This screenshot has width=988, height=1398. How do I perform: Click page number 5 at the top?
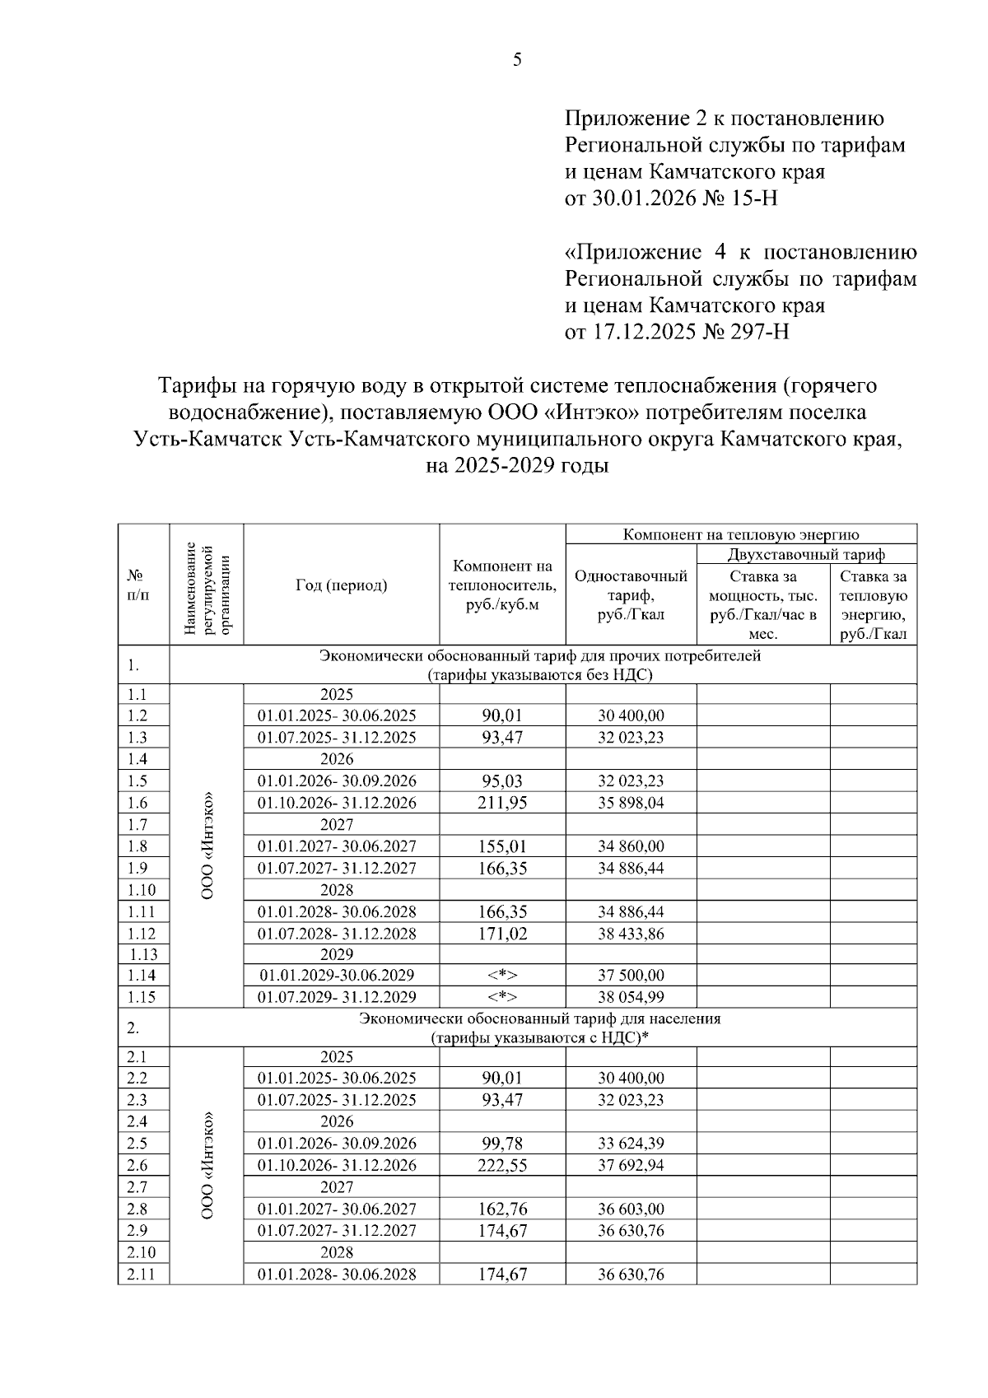pos(517,60)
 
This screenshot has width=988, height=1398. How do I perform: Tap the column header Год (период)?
pos(341,585)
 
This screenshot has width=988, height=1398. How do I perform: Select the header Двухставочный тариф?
pos(806,554)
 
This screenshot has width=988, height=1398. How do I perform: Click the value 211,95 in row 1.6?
pos(502,803)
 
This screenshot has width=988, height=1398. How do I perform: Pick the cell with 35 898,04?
pos(631,803)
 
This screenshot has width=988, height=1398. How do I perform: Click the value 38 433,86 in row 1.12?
pos(631,934)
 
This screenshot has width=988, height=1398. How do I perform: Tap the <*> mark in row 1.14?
pos(502,976)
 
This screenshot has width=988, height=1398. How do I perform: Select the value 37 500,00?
pos(631,976)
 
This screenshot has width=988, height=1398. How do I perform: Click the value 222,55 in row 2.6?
pos(502,1165)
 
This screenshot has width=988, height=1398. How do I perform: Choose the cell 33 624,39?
pos(631,1144)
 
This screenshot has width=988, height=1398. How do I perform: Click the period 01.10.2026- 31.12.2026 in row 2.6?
pos(337,1165)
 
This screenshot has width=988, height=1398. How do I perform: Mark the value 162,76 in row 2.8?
pos(502,1209)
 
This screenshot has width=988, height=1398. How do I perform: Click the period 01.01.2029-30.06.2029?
pos(337,976)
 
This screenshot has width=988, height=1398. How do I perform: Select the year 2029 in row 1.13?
pos(337,954)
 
